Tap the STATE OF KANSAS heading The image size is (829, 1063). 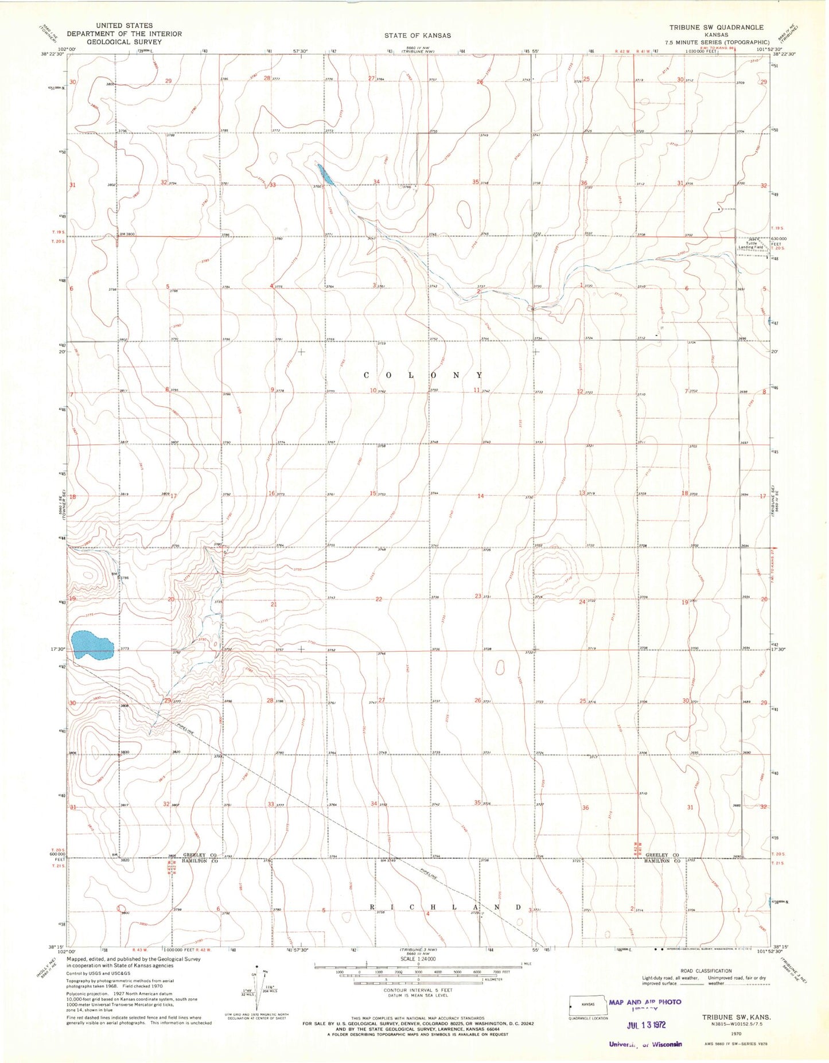click(418, 36)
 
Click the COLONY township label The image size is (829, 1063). click(423, 375)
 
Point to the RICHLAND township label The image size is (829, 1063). click(445, 908)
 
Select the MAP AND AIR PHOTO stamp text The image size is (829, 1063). click(645, 1002)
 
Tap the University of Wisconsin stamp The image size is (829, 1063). click(645, 1044)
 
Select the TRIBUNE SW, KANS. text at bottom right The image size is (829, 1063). click(737, 1017)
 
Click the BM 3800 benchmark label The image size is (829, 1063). click(127, 234)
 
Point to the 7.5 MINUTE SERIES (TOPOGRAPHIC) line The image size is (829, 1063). click(717, 42)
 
